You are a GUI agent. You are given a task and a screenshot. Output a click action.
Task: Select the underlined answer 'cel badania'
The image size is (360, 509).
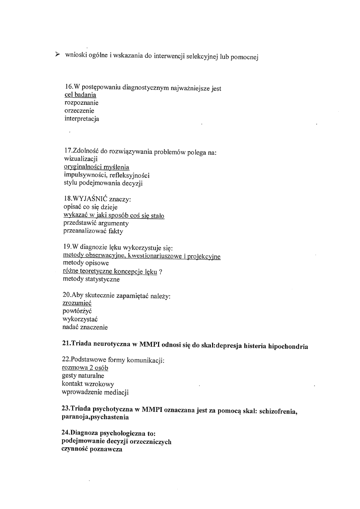point(80,95)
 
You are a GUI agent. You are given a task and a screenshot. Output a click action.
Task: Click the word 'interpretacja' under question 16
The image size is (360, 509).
point(81,119)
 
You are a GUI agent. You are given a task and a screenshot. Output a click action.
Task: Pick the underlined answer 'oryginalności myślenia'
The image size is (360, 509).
point(96,167)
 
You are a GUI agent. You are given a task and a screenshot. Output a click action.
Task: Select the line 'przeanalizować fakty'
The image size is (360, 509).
point(93,231)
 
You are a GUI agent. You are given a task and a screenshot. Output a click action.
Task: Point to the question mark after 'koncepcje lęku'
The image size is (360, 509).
point(161,272)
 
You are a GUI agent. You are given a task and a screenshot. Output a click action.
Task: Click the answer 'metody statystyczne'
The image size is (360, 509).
point(91,279)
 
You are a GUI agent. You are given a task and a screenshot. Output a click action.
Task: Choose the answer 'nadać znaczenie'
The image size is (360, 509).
point(85,327)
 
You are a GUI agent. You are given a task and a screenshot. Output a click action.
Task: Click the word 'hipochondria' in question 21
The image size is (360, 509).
point(288,347)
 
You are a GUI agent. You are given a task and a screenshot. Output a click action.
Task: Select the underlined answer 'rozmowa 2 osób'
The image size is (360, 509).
point(85,368)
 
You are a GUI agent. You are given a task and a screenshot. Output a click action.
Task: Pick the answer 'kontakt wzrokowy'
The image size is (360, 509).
point(88,384)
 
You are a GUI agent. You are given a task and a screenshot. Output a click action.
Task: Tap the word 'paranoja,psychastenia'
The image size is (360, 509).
point(95,418)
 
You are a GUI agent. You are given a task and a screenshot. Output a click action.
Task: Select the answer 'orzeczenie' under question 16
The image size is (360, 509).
point(79,111)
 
